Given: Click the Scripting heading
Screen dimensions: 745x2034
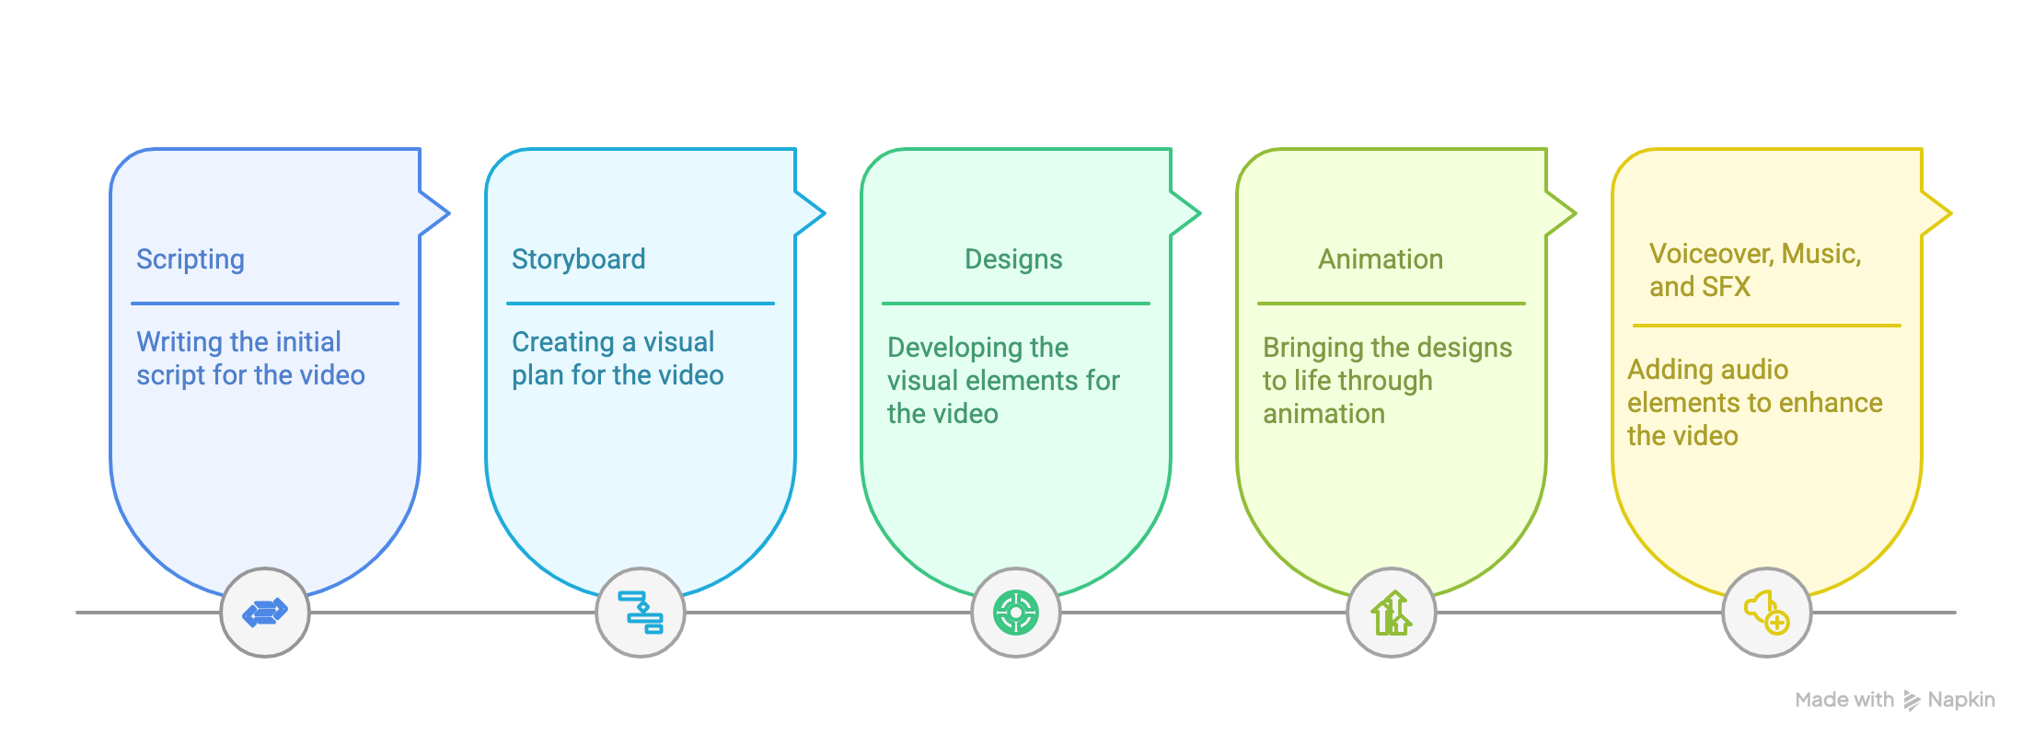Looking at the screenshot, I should (191, 259).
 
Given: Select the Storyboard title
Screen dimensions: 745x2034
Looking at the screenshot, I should (578, 259).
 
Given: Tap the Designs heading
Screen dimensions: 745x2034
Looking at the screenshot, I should (1013, 259).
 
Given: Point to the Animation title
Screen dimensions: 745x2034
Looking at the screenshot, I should (1381, 259).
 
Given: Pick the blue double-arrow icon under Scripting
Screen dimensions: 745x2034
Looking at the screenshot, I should (265, 613).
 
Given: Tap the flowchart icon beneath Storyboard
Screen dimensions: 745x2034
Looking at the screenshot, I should (641, 613).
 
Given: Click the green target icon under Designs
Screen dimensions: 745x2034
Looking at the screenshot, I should (1016, 613).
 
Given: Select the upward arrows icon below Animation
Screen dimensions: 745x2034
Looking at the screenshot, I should (1392, 613).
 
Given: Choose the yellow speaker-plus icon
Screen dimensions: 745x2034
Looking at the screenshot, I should (1767, 613).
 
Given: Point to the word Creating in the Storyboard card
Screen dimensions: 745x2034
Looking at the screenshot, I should (562, 342).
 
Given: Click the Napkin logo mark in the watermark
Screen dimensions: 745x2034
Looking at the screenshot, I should (1912, 701).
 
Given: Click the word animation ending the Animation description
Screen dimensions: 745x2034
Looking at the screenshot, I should (1323, 414).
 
